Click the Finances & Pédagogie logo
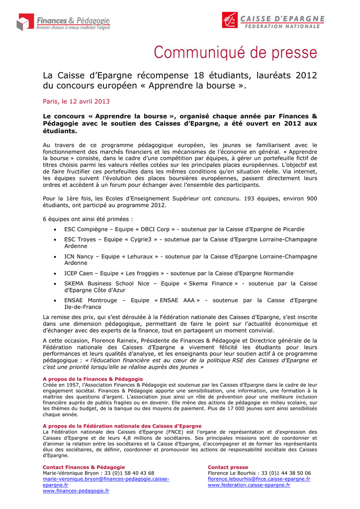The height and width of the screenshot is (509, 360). click(63, 22)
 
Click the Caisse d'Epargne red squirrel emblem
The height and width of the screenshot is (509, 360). click(230, 20)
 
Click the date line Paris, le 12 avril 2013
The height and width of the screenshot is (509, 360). click(76, 101)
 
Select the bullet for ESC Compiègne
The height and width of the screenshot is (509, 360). click(54, 229)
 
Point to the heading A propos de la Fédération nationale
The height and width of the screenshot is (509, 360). click(122, 426)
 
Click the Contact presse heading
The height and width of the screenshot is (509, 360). click(228, 467)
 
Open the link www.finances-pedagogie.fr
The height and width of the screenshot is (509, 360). click(76, 491)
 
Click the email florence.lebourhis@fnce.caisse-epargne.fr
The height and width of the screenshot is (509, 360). click(259, 479)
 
